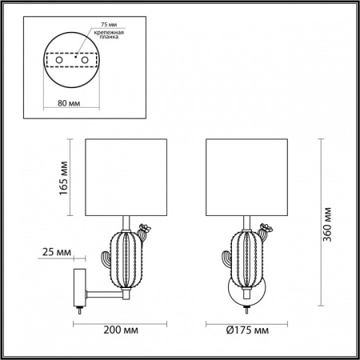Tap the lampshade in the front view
coord(246,178)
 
